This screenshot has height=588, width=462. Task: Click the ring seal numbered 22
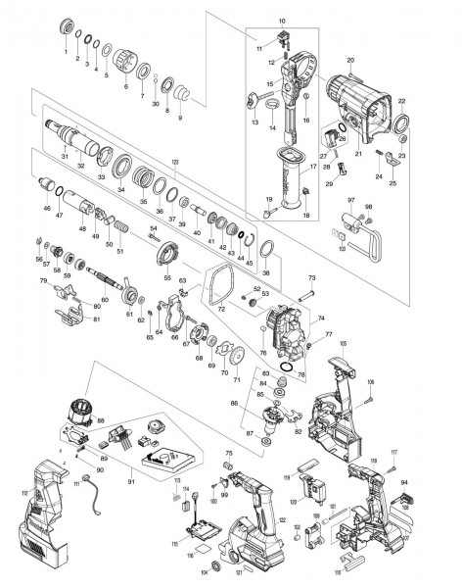tap(401, 122)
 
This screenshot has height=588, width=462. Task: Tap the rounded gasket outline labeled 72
tap(221, 290)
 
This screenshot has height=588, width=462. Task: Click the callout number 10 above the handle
tap(282, 21)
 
